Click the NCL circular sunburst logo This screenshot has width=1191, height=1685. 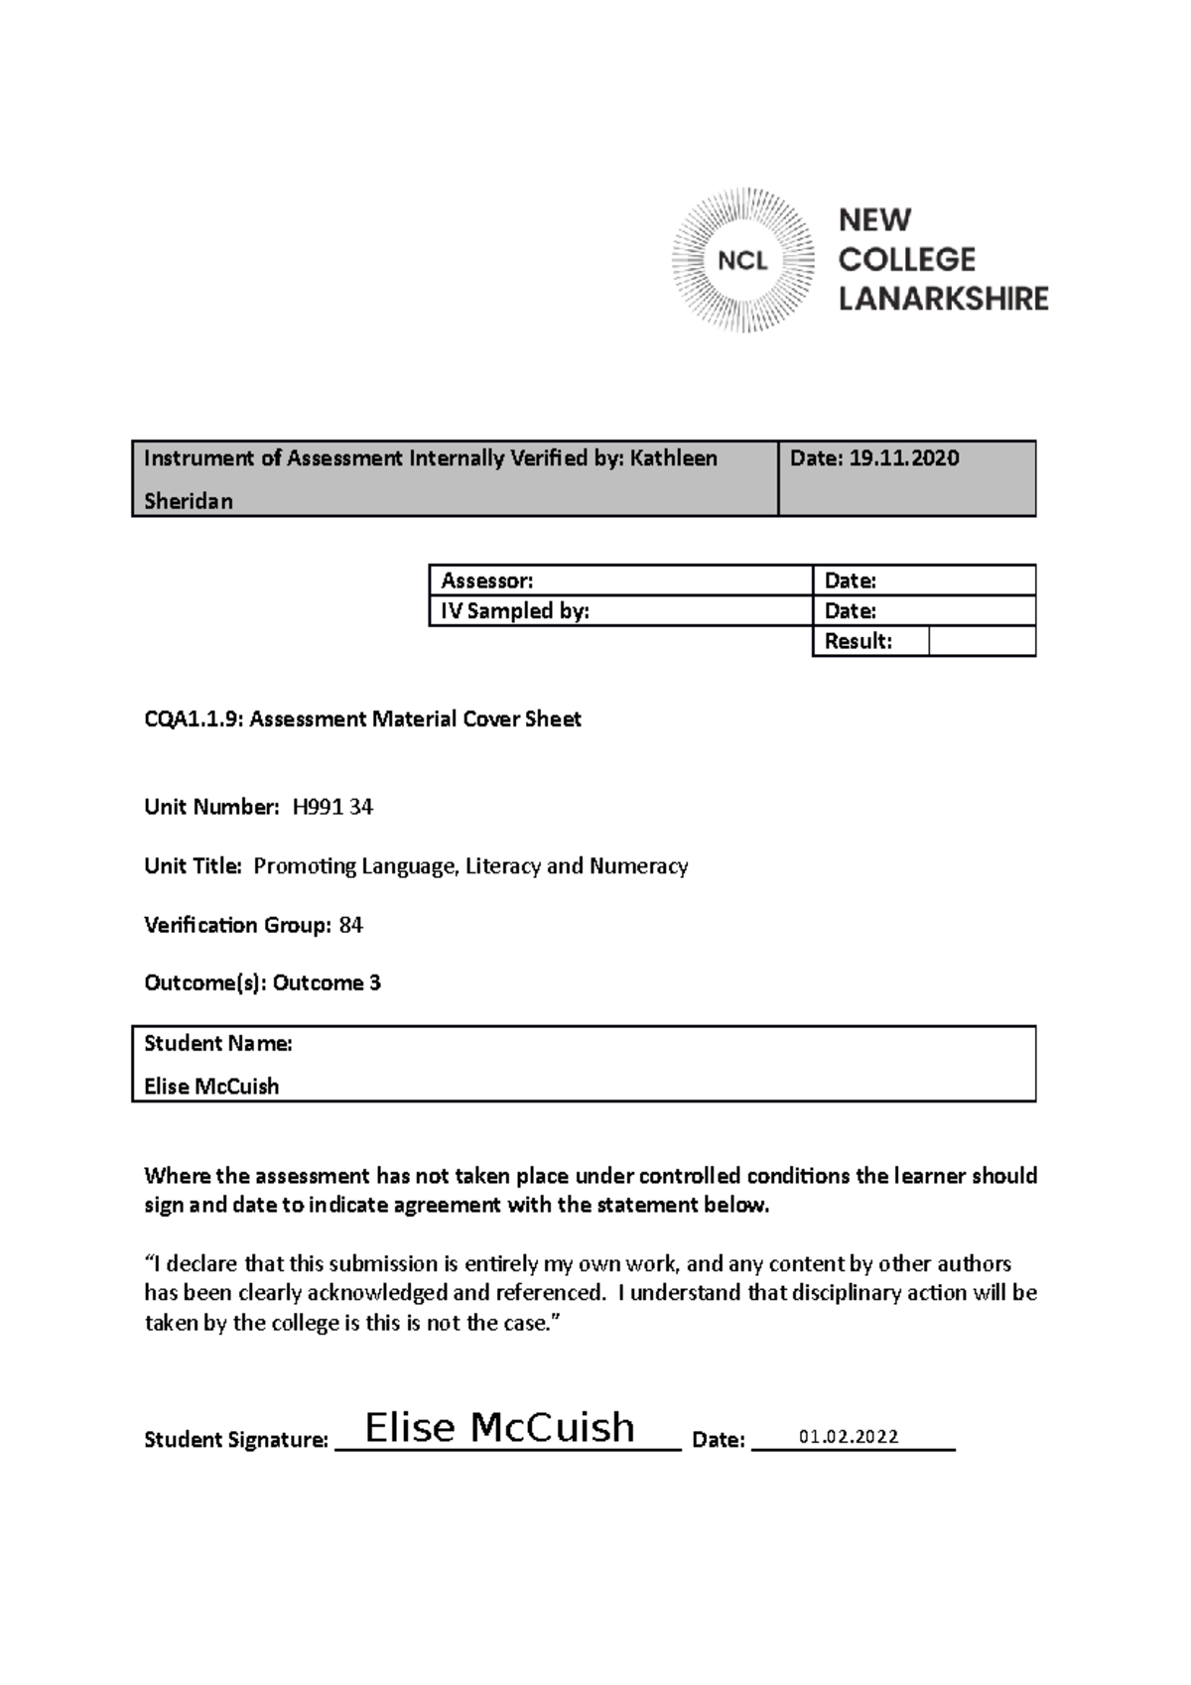tap(742, 260)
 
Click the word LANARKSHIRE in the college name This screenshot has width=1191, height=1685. tap(943, 299)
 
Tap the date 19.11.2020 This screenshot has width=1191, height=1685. tap(903, 457)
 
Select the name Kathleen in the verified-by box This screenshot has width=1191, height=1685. tap(674, 457)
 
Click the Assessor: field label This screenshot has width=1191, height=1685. tap(486, 581)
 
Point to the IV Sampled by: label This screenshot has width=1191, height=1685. tap(514, 611)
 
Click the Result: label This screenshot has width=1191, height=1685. tap(858, 641)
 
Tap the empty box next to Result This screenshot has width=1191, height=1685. tap(982, 641)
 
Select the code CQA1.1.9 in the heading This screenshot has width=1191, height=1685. tap(193, 718)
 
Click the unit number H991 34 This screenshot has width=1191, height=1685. tap(332, 807)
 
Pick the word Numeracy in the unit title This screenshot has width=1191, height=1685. tap(638, 865)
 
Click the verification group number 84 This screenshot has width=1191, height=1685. tap(350, 925)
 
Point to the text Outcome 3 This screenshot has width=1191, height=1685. tap(327, 982)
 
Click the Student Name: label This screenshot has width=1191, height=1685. tap(217, 1043)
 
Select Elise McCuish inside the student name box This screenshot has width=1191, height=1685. tap(211, 1086)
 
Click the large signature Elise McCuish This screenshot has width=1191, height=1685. tap(499, 1427)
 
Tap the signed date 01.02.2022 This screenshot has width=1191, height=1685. tap(849, 1436)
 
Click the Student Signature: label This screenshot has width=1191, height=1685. tap(235, 1439)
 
